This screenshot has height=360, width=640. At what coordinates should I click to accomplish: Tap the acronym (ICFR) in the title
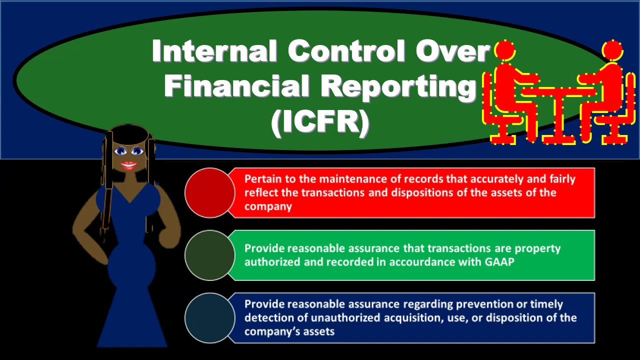[320, 122]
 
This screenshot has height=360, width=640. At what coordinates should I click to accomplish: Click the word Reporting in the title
[398, 86]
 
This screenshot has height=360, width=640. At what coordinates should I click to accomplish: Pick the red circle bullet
[209, 192]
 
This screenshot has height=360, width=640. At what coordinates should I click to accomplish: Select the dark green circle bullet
[209, 255]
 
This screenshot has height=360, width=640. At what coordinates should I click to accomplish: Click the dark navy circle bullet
[209, 317]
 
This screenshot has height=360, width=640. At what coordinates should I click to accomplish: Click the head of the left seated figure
[505, 50]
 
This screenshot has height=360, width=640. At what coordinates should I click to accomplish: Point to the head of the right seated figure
[612, 50]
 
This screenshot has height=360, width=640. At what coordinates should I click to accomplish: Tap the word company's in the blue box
[267, 331]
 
